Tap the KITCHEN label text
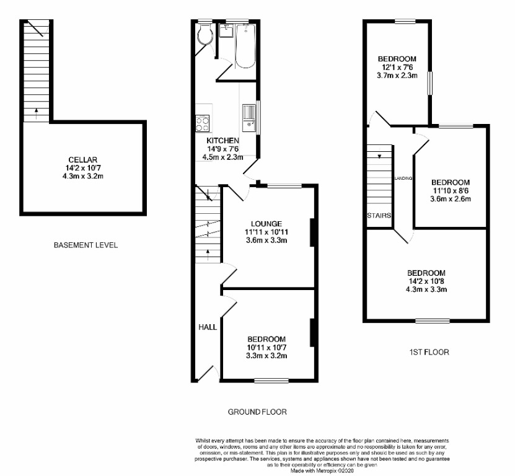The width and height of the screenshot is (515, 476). [x=222, y=141]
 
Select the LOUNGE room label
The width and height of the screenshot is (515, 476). [x=266, y=224]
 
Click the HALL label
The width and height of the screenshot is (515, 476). [x=207, y=327]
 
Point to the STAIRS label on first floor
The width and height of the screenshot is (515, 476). [x=379, y=216]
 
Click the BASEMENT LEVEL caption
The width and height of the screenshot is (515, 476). [x=86, y=245]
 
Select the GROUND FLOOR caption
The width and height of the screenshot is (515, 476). [x=257, y=412]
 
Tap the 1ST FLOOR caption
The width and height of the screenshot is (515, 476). [x=429, y=352]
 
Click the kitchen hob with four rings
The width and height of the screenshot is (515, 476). [x=203, y=123]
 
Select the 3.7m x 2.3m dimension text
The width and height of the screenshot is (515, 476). [x=397, y=76]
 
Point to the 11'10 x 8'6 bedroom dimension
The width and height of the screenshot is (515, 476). [x=451, y=190]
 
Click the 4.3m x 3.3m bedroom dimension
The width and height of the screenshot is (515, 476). [x=426, y=289]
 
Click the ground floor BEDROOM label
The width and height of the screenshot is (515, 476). [x=266, y=339]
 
